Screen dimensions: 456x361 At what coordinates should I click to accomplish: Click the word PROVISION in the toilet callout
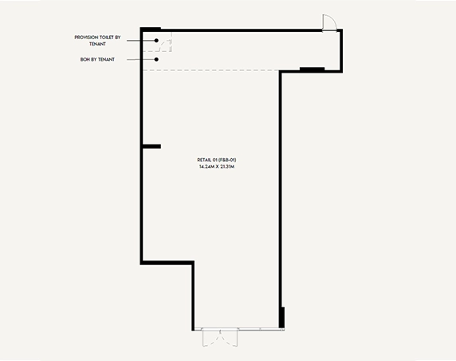(x=86, y=38)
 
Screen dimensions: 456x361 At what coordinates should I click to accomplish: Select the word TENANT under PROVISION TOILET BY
(x=97, y=44)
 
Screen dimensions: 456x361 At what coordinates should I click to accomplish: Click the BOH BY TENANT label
(x=97, y=59)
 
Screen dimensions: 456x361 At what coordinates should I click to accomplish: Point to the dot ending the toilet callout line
(x=156, y=41)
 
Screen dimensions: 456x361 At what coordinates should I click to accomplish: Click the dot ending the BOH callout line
(x=156, y=59)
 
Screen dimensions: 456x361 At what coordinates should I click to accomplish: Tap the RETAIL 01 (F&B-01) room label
(x=217, y=160)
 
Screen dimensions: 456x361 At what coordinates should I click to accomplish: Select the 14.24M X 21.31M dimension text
(x=217, y=167)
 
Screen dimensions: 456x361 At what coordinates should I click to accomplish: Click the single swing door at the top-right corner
(x=329, y=22)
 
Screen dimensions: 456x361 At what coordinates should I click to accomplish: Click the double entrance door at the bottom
(x=220, y=338)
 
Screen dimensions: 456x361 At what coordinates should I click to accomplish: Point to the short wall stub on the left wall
(x=151, y=146)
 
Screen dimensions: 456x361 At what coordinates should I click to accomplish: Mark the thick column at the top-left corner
(x=151, y=29)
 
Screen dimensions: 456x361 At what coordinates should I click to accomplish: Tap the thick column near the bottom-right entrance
(x=281, y=318)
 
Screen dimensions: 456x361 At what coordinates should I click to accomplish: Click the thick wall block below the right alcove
(x=312, y=69)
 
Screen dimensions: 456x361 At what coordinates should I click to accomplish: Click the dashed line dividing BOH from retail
(x=210, y=70)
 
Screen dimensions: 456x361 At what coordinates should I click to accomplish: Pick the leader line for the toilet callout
(x=141, y=41)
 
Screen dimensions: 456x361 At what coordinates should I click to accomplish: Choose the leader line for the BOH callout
(x=141, y=59)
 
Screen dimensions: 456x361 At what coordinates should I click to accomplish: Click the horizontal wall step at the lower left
(x=167, y=263)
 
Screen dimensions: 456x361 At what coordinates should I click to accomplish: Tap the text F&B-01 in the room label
(x=227, y=160)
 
